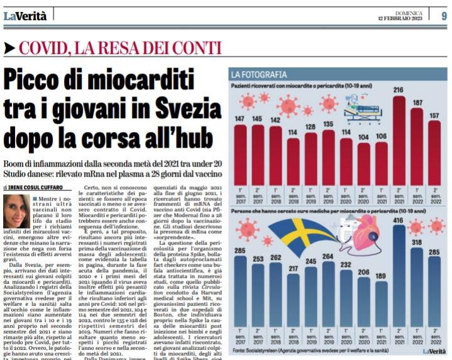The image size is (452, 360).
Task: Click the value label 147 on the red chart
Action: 240,118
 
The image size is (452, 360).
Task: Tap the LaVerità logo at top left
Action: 25,16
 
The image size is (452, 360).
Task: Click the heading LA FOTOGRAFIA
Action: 259,74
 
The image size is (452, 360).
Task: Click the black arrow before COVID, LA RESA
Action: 9,47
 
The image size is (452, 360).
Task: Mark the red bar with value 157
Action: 434,154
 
